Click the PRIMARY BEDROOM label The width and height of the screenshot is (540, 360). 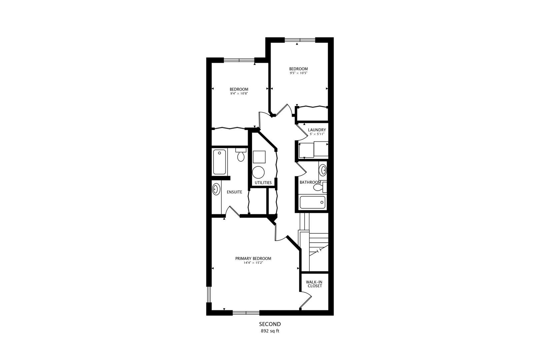[x=253, y=258]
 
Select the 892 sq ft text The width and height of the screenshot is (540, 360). [x=270, y=331]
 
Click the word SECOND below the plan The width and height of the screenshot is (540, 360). [x=270, y=324]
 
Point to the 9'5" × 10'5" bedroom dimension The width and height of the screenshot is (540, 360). [x=299, y=73]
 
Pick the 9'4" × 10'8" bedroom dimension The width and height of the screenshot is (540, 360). [x=239, y=93]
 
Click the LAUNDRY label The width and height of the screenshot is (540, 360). [x=317, y=130]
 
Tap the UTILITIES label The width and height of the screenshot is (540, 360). [x=263, y=183]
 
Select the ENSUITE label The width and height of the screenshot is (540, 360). [x=234, y=192]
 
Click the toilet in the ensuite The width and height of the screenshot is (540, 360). [x=241, y=155]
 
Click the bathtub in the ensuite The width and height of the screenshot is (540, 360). [x=219, y=162]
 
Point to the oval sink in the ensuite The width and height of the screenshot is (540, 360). [x=216, y=189]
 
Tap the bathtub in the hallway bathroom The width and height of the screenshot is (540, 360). [x=312, y=202]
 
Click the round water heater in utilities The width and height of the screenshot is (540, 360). [x=258, y=172]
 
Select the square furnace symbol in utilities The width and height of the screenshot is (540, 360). [x=259, y=157]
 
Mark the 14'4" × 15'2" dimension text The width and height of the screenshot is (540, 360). [x=253, y=263]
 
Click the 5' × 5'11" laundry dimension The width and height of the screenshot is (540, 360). [x=317, y=134]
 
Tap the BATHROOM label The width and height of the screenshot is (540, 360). [x=310, y=182]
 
